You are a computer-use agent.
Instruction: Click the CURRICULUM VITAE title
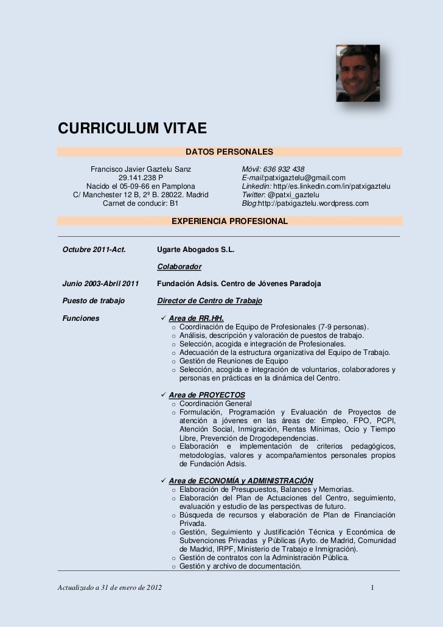tap(133, 129)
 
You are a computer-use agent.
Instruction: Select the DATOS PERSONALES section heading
tap(229, 151)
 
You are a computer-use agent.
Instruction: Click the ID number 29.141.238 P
tap(141, 178)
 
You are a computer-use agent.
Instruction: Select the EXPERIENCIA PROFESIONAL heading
tap(229, 223)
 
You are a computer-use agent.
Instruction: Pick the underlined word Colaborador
tap(180, 267)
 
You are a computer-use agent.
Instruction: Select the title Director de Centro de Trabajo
tap(209, 301)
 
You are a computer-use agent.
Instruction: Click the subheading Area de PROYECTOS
tap(207, 394)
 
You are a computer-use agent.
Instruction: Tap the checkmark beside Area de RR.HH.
tap(162, 318)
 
